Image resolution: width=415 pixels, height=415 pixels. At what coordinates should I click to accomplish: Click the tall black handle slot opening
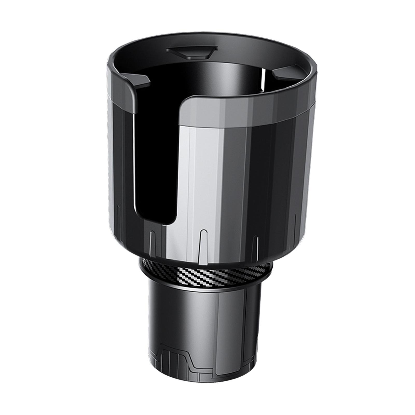click(156, 156)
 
